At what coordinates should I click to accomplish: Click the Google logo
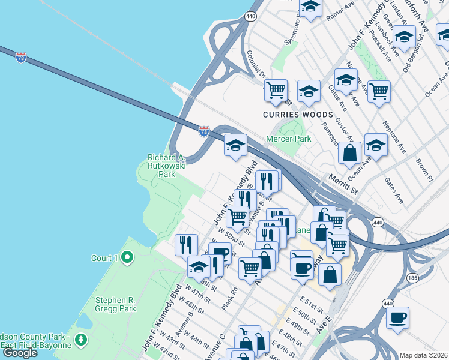(20, 352)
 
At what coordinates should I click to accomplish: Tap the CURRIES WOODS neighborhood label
(298, 115)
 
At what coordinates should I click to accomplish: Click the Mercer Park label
(289, 139)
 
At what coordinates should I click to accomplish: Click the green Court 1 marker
(127, 258)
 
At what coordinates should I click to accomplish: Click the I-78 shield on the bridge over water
(21, 58)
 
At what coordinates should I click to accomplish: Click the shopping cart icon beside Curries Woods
(276, 91)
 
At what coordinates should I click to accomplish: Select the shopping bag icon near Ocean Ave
(349, 154)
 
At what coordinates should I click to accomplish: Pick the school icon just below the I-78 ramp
(236, 145)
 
